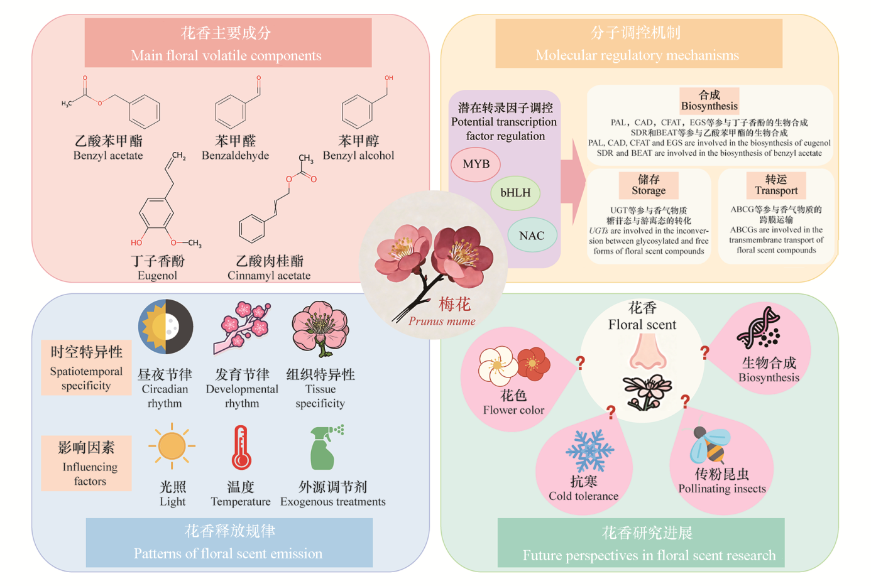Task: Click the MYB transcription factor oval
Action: (476, 164)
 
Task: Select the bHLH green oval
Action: (515, 193)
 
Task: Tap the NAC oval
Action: (532, 236)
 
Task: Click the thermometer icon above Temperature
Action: (241, 448)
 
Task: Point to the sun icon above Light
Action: (172, 446)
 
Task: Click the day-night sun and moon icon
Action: (165, 327)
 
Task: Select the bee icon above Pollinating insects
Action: (709, 444)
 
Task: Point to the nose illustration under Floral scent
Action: (647, 352)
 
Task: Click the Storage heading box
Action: (649, 185)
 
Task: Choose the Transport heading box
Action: (776, 185)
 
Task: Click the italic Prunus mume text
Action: (442, 322)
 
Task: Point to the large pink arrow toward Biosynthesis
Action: (572, 182)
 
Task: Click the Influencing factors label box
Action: (87, 464)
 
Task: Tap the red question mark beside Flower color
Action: (580, 362)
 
